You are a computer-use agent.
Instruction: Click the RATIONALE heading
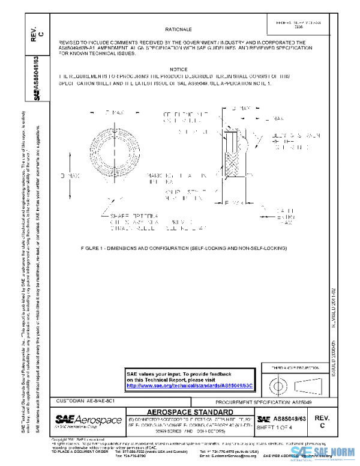tap(178, 29)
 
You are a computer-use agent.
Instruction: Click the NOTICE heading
tap(178, 70)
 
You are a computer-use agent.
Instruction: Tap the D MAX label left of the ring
tap(70, 175)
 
